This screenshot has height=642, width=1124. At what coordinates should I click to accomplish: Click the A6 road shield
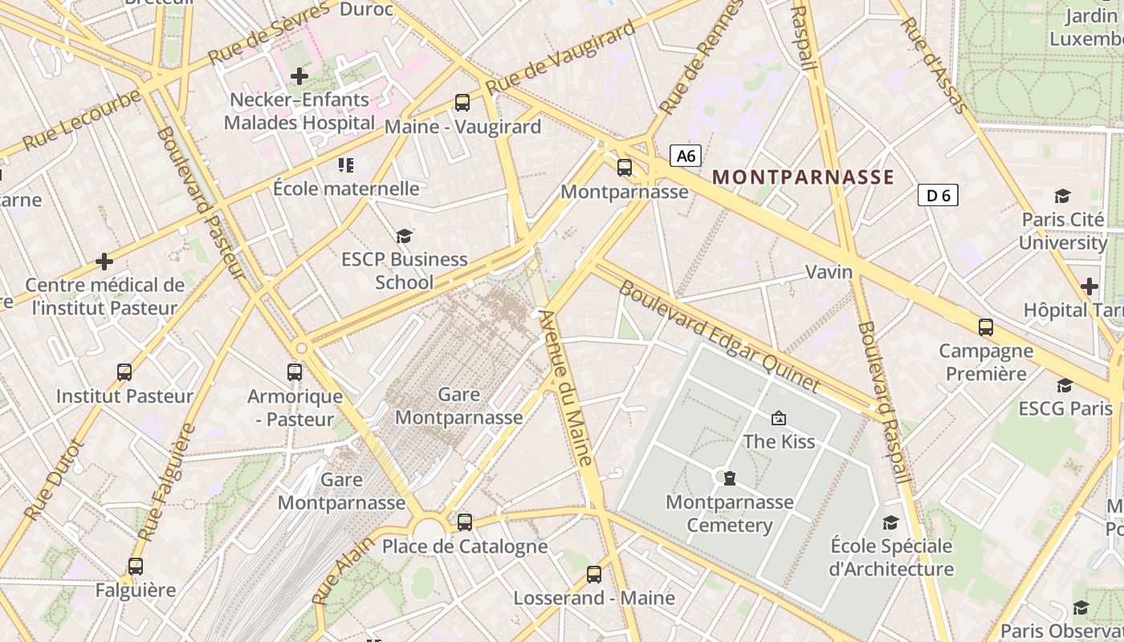coord(686,156)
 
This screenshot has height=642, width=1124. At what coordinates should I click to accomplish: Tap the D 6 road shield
coord(938,195)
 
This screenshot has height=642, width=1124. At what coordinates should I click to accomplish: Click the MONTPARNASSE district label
coord(803,177)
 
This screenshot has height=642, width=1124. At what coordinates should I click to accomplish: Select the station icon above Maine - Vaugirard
coord(462,103)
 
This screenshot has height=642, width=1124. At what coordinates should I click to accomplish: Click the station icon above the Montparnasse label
coord(625,168)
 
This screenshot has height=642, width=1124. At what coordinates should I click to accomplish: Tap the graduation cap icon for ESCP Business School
coord(404,236)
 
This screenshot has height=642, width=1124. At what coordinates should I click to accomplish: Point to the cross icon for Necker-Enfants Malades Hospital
coord(299,76)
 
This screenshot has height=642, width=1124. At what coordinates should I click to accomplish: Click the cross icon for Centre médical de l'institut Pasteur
coord(104,262)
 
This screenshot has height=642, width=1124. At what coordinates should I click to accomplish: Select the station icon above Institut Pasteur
coord(124,372)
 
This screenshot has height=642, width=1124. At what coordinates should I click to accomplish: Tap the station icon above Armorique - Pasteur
coord(295,372)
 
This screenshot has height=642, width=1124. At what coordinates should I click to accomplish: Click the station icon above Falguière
coord(136,567)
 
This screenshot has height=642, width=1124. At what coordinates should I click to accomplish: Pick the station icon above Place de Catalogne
coord(465,522)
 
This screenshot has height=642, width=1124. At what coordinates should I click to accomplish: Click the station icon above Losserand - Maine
coord(594,575)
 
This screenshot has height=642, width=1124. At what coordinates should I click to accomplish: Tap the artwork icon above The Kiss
coord(778,418)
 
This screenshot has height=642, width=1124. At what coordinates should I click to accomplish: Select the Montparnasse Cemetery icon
coord(729,478)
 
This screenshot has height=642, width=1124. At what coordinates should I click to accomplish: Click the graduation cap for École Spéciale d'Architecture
coord(890,523)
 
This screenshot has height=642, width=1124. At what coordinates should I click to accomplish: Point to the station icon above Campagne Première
coord(986,327)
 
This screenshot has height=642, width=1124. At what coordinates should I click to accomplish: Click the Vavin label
coord(829,272)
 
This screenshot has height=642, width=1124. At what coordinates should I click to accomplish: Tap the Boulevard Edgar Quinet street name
coord(719,336)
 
